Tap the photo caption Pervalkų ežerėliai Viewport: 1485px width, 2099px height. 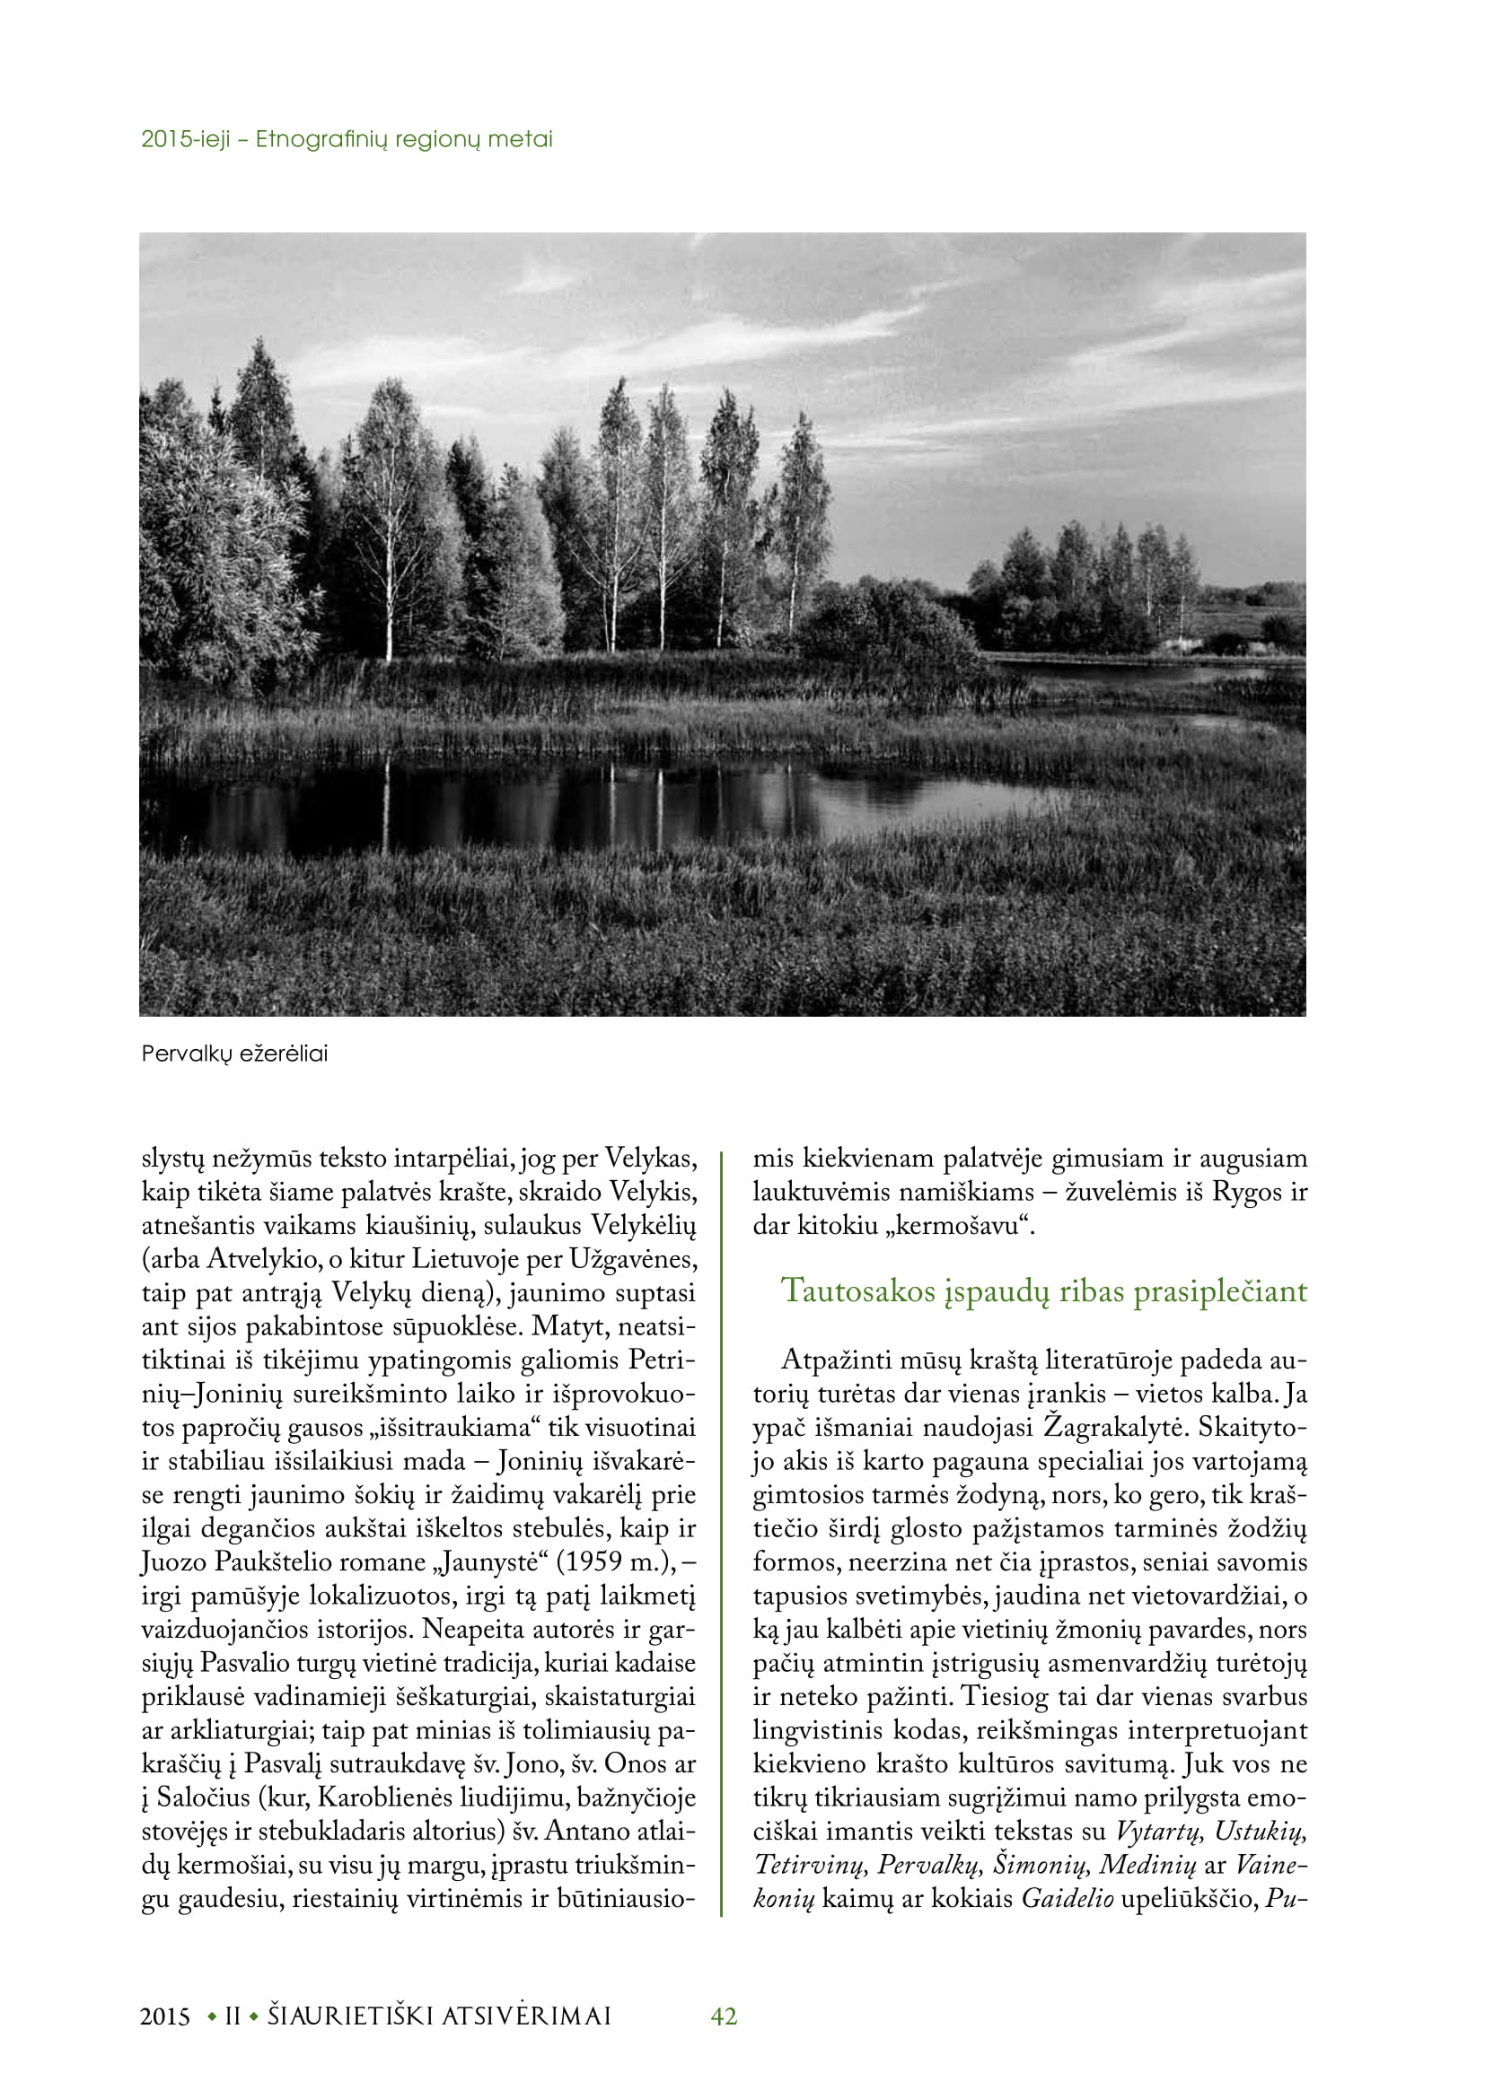[235, 1054]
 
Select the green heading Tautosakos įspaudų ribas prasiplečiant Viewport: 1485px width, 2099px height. [1044, 1290]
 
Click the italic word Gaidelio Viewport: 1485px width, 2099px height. [1068, 1899]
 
